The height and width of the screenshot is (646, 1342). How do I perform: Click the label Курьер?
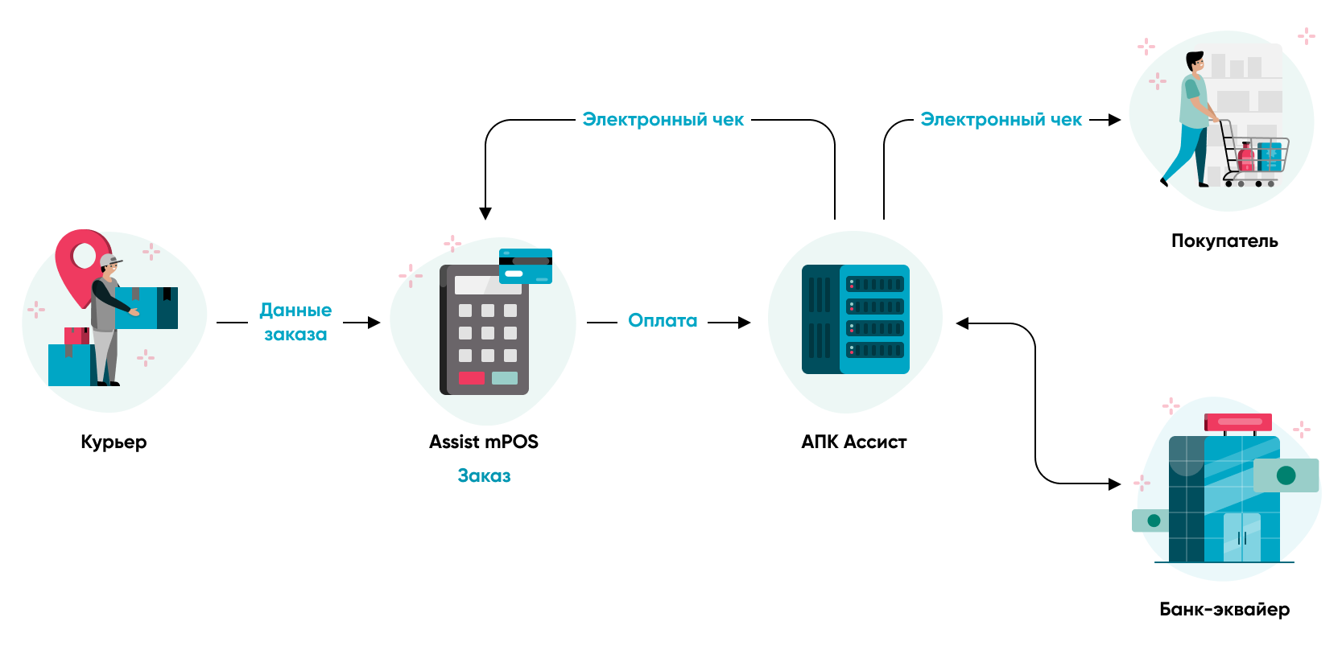tap(114, 442)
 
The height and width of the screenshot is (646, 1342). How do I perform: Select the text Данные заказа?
tap(295, 322)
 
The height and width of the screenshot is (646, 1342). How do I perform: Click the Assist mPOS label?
tap(483, 442)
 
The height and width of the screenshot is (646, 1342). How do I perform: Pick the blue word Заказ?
tap(484, 475)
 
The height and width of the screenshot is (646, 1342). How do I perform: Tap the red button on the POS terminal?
tap(471, 377)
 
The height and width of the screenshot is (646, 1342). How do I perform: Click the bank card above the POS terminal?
tap(525, 266)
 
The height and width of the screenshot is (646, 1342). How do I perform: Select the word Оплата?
tap(663, 321)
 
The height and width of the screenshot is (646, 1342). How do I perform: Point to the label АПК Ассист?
tap(853, 442)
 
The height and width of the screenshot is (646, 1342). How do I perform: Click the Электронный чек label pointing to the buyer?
tap(1001, 120)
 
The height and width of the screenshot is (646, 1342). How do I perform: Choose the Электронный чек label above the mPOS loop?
tap(663, 120)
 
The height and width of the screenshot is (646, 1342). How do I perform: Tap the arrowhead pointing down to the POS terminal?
tap(485, 213)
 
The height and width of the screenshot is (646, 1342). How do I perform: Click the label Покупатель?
tap(1224, 241)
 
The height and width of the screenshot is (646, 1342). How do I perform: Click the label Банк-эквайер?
tap(1224, 609)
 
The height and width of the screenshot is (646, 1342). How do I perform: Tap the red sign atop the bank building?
tap(1238, 422)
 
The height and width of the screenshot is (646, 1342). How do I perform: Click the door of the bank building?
tap(1241, 537)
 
